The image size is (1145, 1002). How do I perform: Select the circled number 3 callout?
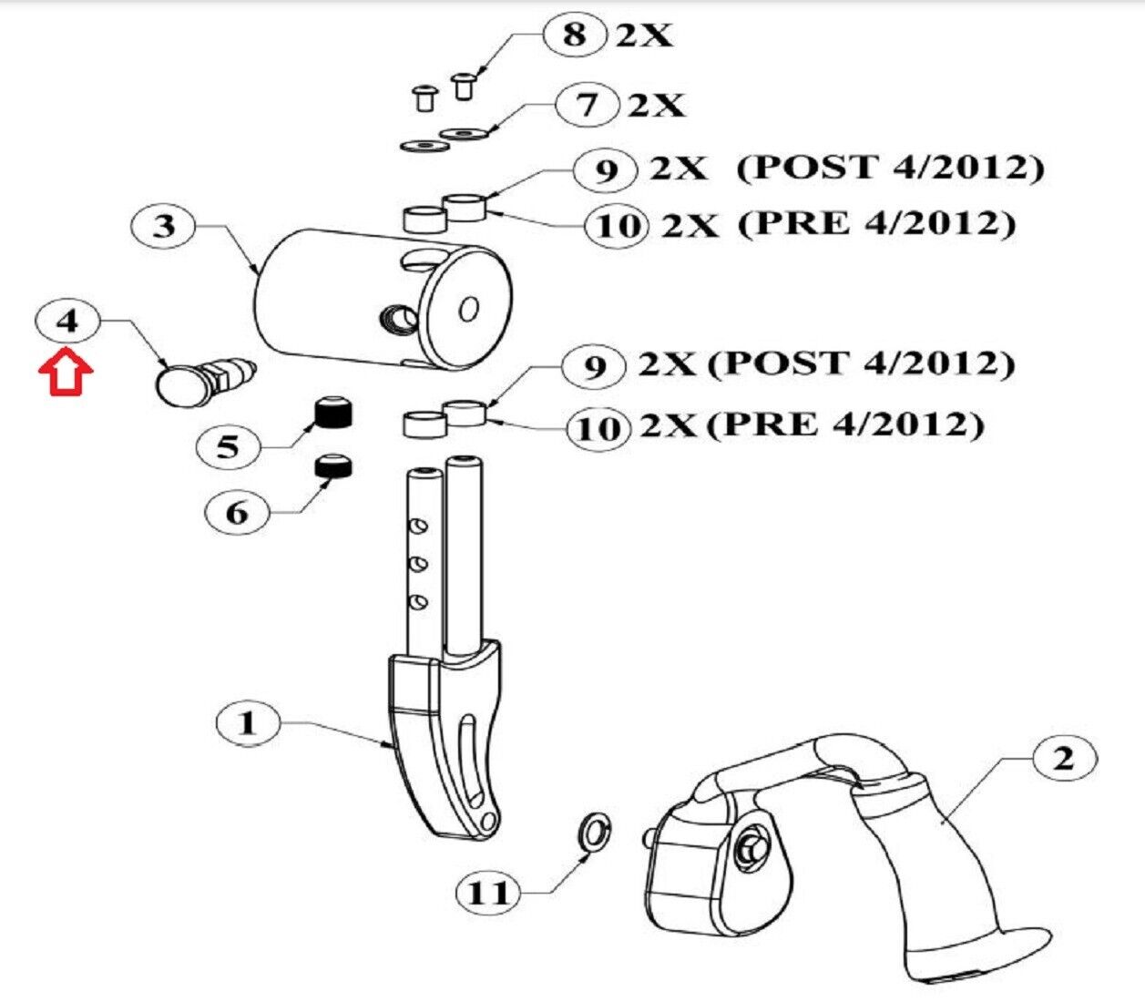coord(163,227)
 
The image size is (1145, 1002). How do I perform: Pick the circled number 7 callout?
coord(587,105)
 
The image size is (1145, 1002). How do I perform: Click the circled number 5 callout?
coord(229,446)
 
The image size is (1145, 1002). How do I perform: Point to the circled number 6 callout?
coord(236,512)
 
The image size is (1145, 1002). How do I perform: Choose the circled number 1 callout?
coord(248,722)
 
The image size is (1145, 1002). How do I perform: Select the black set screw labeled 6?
coord(334,466)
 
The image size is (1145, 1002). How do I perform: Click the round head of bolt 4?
coord(179,384)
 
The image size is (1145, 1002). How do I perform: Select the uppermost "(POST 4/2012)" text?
coord(890,168)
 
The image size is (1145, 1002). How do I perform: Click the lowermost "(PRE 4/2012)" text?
coord(845,424)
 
